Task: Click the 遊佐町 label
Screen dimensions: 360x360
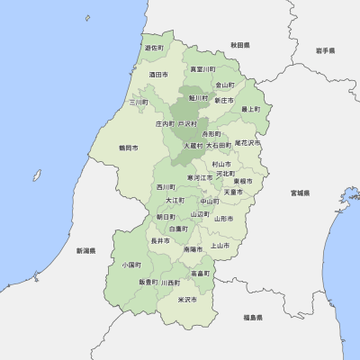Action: [x=154, y=48]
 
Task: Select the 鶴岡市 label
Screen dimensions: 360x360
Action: [x=129, y=147]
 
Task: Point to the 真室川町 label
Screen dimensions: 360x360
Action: [x=202, y=68]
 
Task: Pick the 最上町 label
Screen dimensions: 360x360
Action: [x=250, y=109]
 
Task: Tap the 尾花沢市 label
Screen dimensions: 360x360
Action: [x=247, y=142]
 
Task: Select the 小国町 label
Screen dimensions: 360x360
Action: [x=131, y=265]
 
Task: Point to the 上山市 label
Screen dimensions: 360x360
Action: [x=220, y=245]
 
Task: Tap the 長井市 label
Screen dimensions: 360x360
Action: [x=159, y=240]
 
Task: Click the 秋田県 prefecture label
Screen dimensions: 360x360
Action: [x=239, y=44]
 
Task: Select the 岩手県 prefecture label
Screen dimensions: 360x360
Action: [x=325, y=51]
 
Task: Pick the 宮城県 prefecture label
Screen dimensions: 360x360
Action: [x=300, y=193]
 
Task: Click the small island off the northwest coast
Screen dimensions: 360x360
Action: [x=87, y=18]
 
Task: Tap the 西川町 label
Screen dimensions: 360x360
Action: [x=166, y=187]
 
